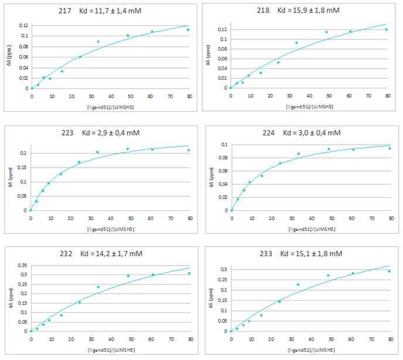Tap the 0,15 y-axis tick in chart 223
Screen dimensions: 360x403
click(x=21, y=168)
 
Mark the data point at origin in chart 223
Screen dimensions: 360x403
click(x=30, y=210)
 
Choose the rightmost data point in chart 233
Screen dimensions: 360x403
click(x=388, y=271)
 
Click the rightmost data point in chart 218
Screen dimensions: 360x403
click(x=387, y=30)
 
